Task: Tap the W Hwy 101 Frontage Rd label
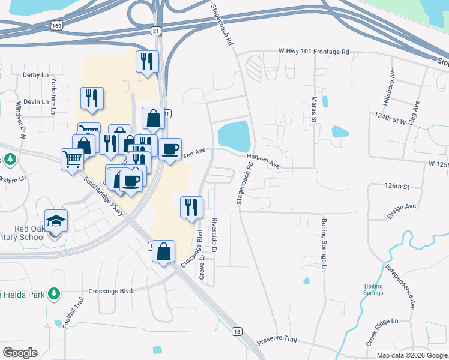point(313,52)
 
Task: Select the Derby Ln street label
point(35,75)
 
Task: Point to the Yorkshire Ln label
point(54,89)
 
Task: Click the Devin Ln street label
point(36,102)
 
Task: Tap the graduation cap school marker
point(56,221)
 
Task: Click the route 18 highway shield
point(238,331)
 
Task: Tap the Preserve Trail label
point(277,340)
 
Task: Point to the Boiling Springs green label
point(373,289)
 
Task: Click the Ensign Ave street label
point(402,206)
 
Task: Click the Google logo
point(20,353)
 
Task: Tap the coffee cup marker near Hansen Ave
point(170,149)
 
